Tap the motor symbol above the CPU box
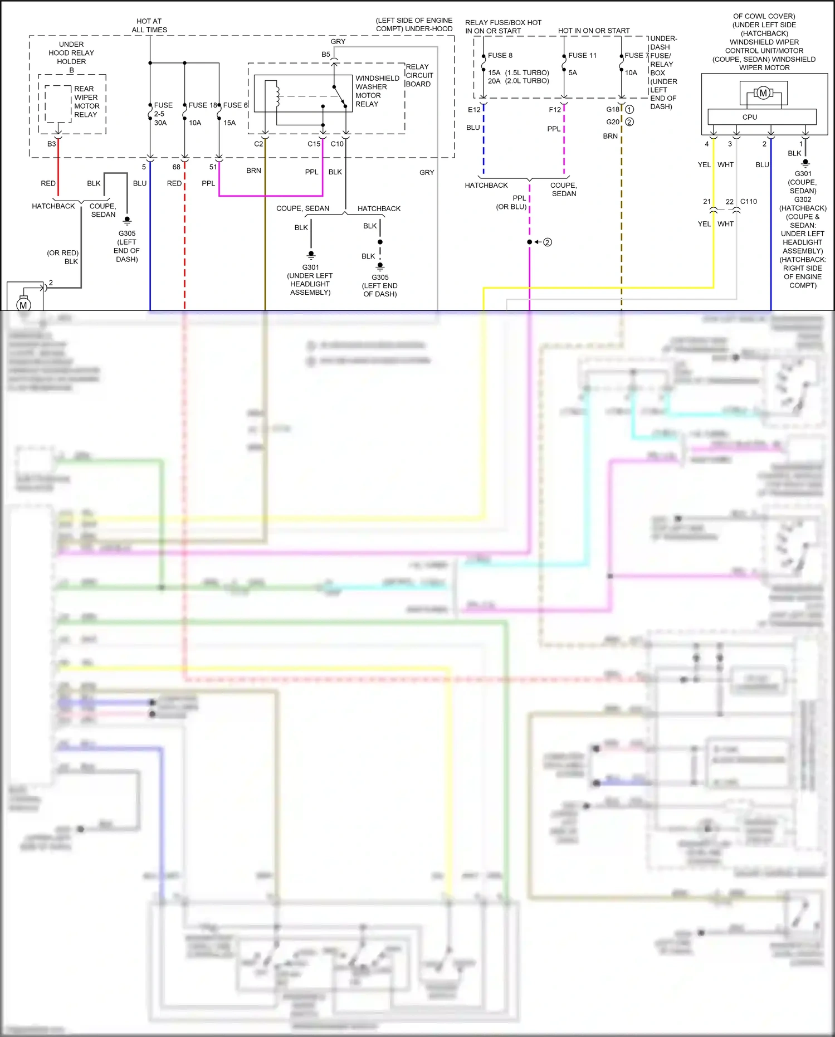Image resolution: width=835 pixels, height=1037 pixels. coord(763,93)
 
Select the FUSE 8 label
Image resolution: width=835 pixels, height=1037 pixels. coord(500,55)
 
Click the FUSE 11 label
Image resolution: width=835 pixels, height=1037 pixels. coord(582,55)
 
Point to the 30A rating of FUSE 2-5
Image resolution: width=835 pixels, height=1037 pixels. coord(160,123)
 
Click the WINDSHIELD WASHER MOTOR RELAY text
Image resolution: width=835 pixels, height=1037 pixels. coord(377,91)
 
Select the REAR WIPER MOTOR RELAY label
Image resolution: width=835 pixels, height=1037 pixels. coord(87,101)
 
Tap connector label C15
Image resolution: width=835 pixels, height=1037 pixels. coord(314,144)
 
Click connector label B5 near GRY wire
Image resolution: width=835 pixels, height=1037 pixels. coord(326,54)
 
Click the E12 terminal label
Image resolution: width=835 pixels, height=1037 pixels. coord(474,110)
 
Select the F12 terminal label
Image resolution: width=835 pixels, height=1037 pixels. coord(555,110)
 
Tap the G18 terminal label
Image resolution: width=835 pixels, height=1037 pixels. coord(613,109)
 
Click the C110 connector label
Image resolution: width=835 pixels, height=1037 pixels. coord(748,201)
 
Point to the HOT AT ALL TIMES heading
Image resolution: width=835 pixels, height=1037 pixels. coord(149,25)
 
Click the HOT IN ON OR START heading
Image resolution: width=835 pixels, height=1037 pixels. coord(594,31)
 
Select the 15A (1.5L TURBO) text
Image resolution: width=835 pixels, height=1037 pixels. coord(518,72)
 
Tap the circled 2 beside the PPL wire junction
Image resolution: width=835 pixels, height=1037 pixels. coord(548,242)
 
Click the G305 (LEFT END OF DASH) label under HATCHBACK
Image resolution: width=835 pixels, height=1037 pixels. coord(380,285)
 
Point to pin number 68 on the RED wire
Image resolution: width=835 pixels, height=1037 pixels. coord(176,167)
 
